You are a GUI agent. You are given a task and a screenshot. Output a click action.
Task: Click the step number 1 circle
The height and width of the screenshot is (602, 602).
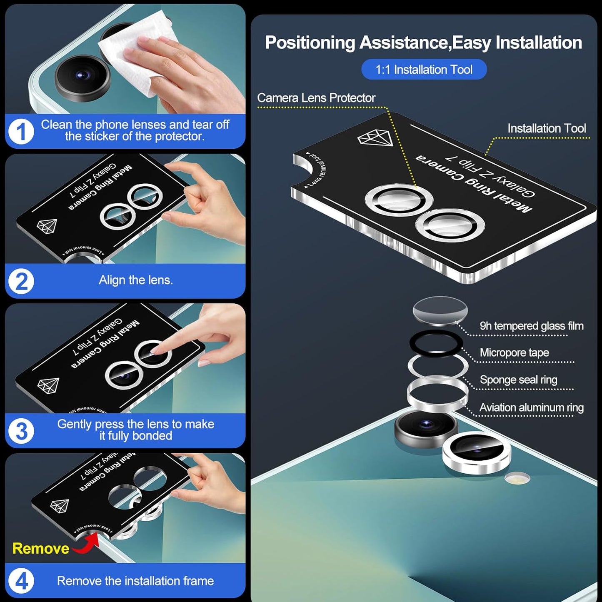click(x=21, y=132)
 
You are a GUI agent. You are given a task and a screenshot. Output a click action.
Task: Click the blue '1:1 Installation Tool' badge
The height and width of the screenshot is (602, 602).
click(x=424, y=69)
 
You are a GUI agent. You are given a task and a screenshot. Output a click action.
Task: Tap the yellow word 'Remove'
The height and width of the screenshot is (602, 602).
click(x=41, y=548)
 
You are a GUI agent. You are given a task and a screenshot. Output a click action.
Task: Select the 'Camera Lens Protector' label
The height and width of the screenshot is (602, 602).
click(x=316, y=98)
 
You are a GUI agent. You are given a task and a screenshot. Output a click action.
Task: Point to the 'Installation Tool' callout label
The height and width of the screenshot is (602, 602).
click(x=547, y=128)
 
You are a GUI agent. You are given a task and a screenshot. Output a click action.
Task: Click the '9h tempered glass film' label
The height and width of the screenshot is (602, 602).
click(x=531, y=326)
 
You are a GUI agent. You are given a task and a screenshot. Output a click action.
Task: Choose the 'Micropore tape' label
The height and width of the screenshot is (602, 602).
click(x=514, y=352)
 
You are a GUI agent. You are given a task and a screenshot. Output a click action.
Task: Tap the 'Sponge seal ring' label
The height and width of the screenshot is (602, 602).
click(x=518, y=380)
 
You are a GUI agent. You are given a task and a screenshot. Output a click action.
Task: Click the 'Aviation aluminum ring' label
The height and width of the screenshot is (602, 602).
click(x=531, y=407)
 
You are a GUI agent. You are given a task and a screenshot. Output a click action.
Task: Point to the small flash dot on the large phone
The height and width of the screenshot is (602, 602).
click(x=517, y=478)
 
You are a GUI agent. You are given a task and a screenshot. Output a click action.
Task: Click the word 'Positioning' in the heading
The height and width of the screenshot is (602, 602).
click(x=310, y=42)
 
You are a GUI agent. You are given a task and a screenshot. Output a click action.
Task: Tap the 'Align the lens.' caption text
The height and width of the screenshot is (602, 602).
click(x=136, y=280)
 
